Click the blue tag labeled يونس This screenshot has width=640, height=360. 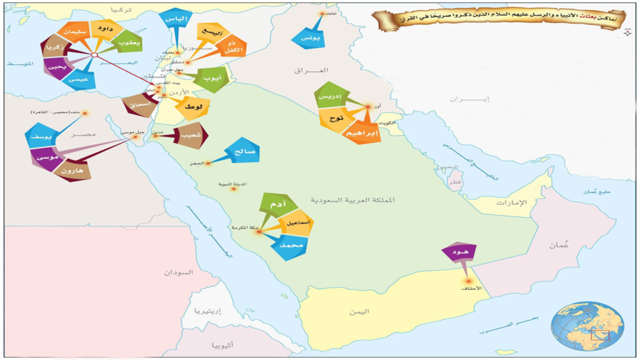309,37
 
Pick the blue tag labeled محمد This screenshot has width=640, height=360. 288,247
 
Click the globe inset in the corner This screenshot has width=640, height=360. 587,326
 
